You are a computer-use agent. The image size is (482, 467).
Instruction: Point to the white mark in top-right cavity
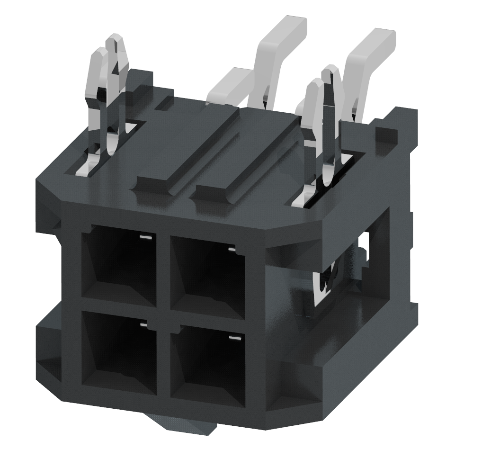(232, 248)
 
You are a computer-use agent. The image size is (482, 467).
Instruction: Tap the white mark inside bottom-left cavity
(143, 324)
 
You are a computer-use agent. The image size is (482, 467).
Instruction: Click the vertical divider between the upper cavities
(163, 270)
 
